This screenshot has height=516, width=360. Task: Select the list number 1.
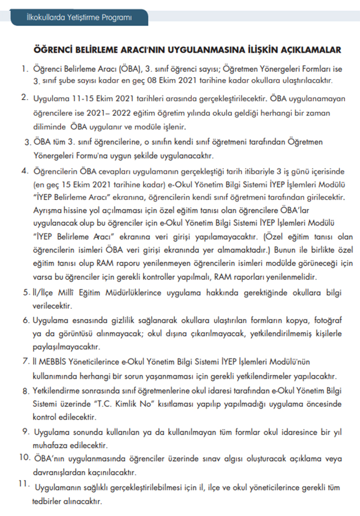pos(23,69)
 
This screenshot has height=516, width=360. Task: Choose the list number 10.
pos(25,457)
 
